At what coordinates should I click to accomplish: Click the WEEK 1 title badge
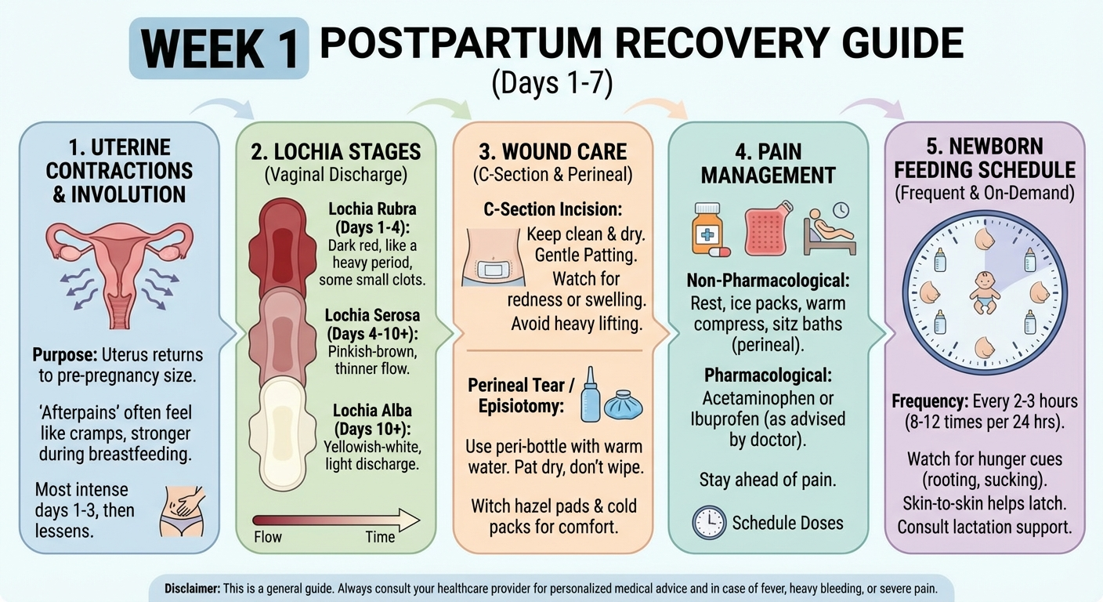pyautogui.click(x=219, y=49)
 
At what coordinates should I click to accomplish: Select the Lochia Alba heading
pyautogui.click(x=373, y=419)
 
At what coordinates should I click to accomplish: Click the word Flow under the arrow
pyautogui.click(x=268, y=537)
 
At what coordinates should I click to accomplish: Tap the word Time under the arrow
pyautogui.click(x=380, y=537)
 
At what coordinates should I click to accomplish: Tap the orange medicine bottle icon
pyautogui.click(x=707, y=229)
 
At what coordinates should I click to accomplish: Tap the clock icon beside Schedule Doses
pyautogui.click(x=709, y=522)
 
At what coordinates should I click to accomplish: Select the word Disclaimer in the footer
pyautogui.click(x=192, y=588)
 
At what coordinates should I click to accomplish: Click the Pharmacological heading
pyautogui.click(x=768, y=375)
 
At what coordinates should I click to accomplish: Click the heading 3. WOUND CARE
pyautogui.click(x=552, y=150)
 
